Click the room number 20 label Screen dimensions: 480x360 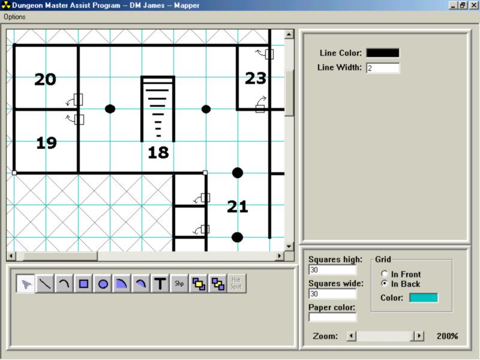tap(46, 79)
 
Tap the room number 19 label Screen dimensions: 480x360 tap(47, 143)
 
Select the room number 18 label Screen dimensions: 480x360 tap(158, 152)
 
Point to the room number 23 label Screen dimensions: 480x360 tap(256, 78)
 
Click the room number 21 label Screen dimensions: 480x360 tap(238, 206)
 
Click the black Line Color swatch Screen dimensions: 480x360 tap(383, 53)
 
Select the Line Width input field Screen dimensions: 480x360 tap(383, 68)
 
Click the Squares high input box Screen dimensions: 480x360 tap(332, 269)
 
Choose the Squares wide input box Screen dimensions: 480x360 tap(332, 294)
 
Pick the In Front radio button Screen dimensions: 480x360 tap(384, 274)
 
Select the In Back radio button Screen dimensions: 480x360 tap(384, 283)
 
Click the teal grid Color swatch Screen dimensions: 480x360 tap(424, 298)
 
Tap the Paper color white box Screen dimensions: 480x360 tap(332, 317)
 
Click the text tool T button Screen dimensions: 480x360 tap(160, 283)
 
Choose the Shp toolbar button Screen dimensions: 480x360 tap(179, 283)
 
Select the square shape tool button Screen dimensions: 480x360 tap(83, 283)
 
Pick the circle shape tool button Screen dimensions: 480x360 tap(103, 283)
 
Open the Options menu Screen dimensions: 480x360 tap(14, 17)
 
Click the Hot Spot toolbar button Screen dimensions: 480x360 tap(236, 283)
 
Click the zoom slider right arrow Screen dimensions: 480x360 tap(419, 336)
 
